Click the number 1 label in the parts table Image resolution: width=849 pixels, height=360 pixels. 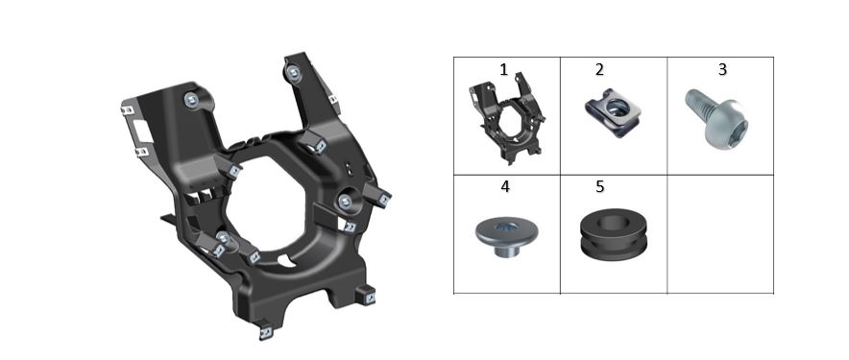coord(504,70)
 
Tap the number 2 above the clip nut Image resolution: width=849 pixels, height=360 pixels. coord(599,70)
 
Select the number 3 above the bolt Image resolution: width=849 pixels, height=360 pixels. coord(722,70)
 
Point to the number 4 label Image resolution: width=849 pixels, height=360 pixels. coord(505,187)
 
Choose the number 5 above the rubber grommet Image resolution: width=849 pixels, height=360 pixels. coord(599,187)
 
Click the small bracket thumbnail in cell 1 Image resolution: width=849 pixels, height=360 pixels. coord(507,118)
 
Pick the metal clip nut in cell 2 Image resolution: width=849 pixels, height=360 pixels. coord(613,112)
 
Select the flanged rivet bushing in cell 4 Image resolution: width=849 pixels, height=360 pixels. coord(506,237)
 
